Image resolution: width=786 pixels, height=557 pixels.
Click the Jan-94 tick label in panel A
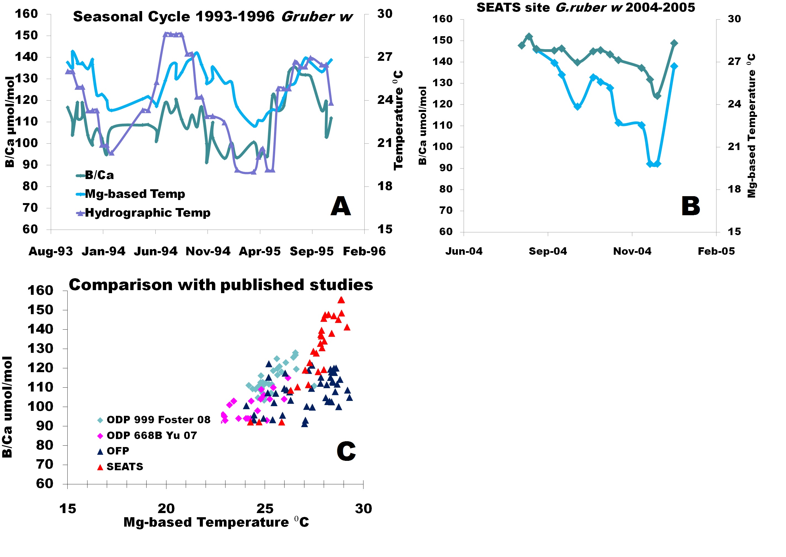click(103, 251)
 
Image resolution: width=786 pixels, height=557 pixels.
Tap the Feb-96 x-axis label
click(364, 251)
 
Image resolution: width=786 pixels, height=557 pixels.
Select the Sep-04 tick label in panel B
click(548, 251)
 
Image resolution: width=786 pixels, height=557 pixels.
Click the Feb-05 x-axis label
click(716, 251)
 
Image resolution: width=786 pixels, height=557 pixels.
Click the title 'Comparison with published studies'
click(221, 285)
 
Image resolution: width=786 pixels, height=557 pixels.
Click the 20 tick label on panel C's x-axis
click(166, 509)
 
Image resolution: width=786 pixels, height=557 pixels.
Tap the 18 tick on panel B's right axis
click(734, 189)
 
